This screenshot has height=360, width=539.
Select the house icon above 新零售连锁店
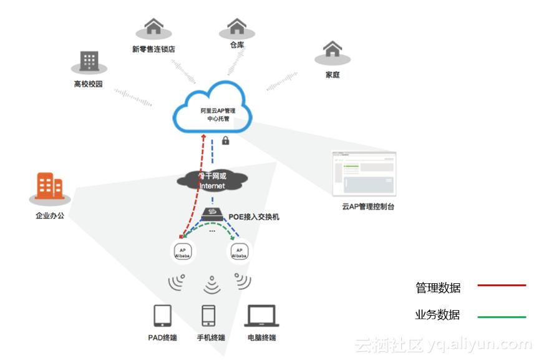(x=153, y=27)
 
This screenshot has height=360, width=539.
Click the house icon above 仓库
(x=236, y=26)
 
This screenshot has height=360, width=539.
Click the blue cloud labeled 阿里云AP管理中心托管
(x=213, y=111)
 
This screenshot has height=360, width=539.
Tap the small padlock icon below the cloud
(x=225, y=140)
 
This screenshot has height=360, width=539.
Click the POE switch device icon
(x=213, y=214)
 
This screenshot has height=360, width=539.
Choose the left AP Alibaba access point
(x=182, y=251)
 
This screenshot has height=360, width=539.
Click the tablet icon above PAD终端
(x=162, y=316)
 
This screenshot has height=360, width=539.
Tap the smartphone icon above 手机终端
(x=209, y=316)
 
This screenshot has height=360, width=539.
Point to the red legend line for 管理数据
(x=502, y=286)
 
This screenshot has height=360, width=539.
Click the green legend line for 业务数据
(x=502, y=317)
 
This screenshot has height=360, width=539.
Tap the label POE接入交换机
(x=255, y=216)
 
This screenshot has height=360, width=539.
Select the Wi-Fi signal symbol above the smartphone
(x=212, y=285)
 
